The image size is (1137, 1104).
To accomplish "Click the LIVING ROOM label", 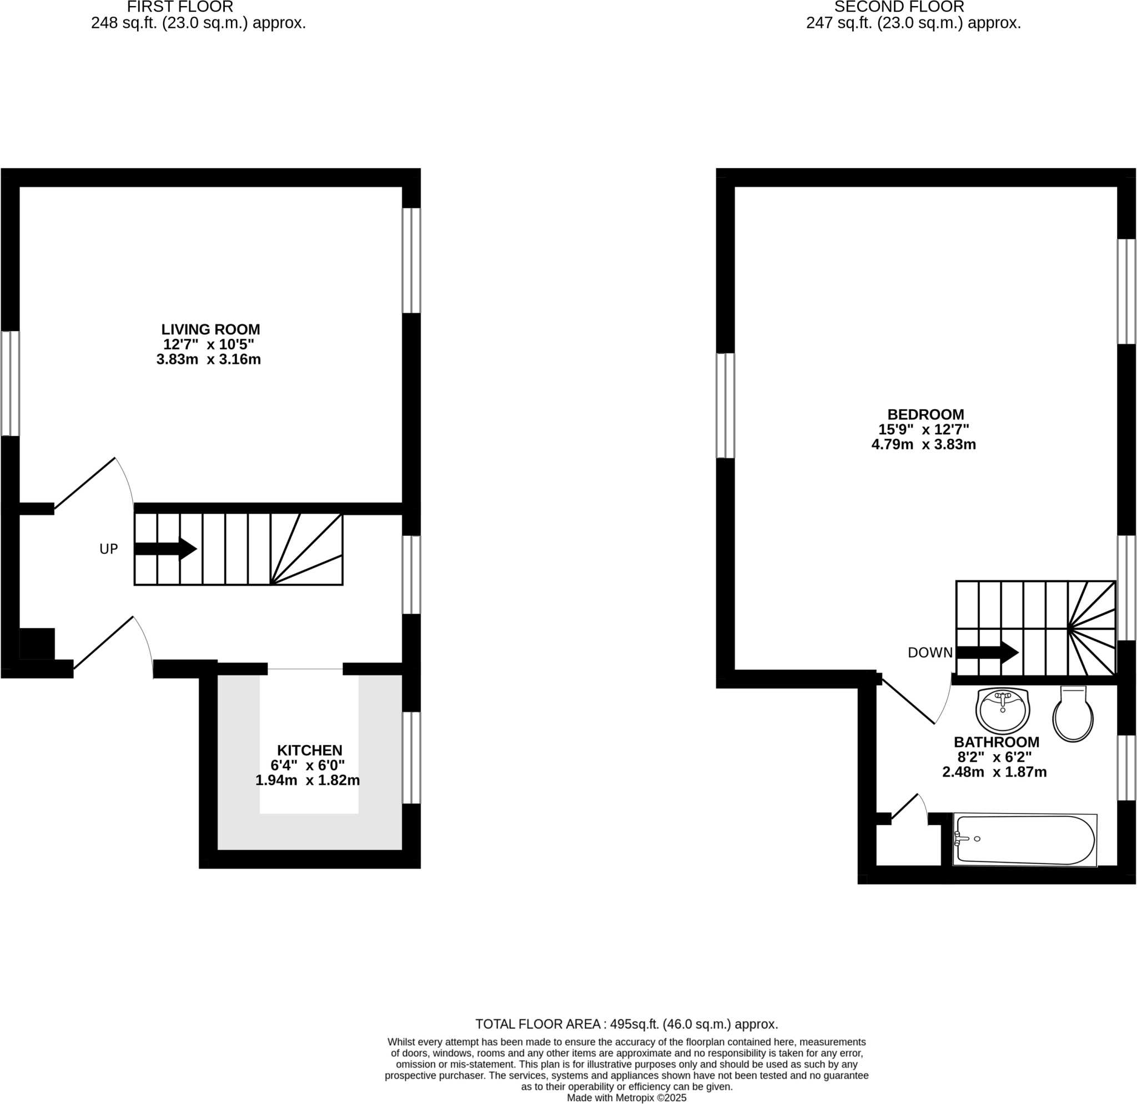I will click(x=210, y=329).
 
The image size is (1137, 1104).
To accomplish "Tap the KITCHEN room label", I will click(x=310, y=750).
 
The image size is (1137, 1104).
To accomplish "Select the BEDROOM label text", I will click(x=926, y=415).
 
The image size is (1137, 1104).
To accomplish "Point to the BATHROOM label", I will click(x=997, y=742).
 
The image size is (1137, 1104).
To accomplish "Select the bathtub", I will click(x=1024, y=840).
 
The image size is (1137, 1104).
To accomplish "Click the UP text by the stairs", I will click(x=108, y=549).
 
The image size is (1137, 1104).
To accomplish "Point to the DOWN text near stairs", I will click(x=930, y=653).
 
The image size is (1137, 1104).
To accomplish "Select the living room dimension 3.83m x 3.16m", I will click(x=209, y=360).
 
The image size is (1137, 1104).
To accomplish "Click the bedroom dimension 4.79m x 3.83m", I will click(x=923, y=445).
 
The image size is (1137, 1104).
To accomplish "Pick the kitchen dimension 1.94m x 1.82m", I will click(x=308, y=780).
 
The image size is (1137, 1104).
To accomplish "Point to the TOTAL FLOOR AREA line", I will click(x=626, y=1024).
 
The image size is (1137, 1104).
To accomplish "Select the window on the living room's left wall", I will click(x=10, y=383).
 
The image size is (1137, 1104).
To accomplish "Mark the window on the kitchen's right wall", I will click(x=411, y=757).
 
